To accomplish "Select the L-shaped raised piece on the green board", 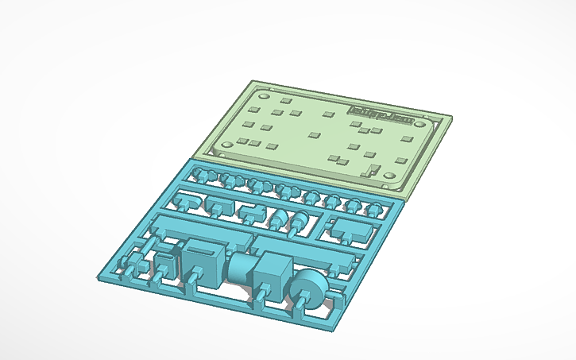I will point(369,169).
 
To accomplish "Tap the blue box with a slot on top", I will point(203,263).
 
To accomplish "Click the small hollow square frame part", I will point(166,261).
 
